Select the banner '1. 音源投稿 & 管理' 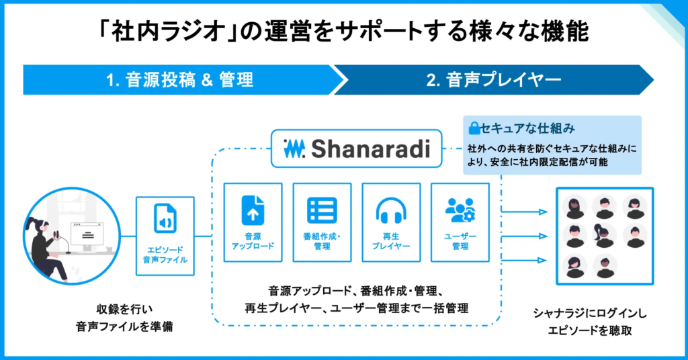(x=180, y=81)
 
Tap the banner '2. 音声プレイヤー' (x=494, y=81)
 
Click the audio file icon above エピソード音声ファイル (x=165, y=218)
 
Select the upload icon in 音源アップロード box (x=253, y=210)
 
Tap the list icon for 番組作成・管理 (x=322, y=210)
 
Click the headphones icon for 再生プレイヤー (x=390, y=210)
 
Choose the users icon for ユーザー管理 (x=460, y=210)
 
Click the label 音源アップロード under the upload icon (x=253, y=242)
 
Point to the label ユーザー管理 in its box (x=460, y=242)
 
